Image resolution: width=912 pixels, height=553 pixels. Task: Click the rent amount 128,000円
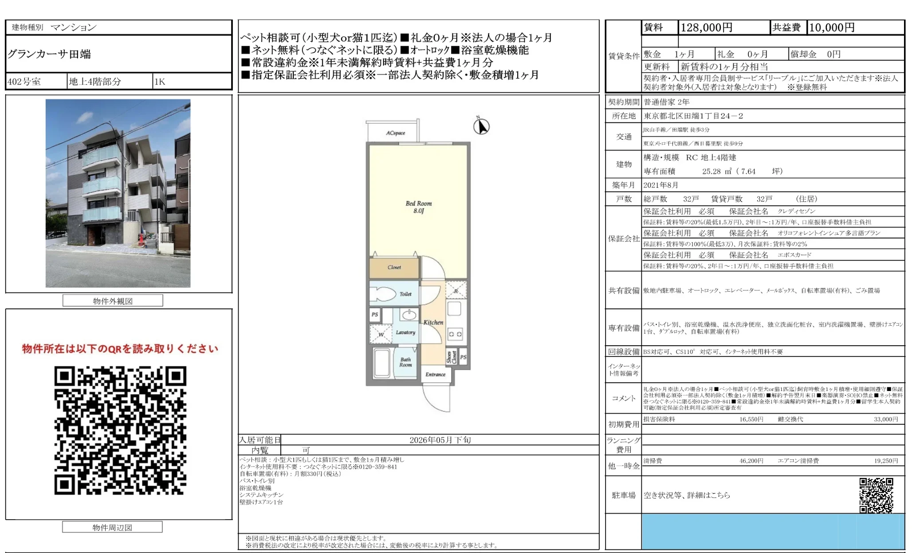point(706,28)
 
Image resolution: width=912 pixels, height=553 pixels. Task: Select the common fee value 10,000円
point(832,28)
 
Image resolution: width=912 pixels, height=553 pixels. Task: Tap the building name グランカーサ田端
point(49,55)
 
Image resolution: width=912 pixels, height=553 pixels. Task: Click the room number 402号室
point(24,82)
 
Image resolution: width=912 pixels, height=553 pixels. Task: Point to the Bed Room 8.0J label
point(418,207)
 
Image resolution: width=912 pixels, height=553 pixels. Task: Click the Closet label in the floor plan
point(394,267)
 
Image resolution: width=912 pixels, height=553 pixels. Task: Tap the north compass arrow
point(481,126)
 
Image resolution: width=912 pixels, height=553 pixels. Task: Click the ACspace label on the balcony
point(395,133)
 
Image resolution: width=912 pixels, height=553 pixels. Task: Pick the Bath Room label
point(405,362)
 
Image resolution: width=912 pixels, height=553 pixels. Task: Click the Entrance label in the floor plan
point(435,374)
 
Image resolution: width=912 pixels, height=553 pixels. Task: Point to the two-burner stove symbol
point(455,334)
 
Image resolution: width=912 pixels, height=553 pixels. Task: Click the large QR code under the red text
point(120,430)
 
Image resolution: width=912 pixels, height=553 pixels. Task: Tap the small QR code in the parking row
point(876,495)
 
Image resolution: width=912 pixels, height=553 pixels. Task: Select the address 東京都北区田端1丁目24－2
point(693,116)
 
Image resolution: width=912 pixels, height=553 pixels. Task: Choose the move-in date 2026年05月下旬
point(440,440)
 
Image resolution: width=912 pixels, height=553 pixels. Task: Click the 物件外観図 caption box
point(113,301)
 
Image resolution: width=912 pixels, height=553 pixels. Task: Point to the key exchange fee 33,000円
point(885,419)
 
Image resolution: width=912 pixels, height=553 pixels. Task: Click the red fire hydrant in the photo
point(142,240)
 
